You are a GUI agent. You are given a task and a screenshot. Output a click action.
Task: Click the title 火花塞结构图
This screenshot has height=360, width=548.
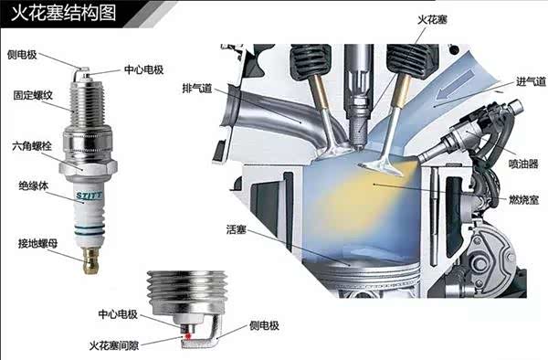pyautogui.click(x=63, y=14)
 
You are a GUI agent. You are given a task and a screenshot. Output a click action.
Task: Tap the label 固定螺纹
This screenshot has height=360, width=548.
pyautogui.click(x=33, y=95)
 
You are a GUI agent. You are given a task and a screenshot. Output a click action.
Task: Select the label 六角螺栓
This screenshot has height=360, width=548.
pyautogui.click(x=32, y=146)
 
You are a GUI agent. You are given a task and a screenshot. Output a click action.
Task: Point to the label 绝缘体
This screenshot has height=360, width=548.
pyautogui.click(x=33, y=186)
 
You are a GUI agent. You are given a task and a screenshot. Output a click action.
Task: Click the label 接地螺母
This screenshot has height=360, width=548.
pyautogui.click(x=37, y=244)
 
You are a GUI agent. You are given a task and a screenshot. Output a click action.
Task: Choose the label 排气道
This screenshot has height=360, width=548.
pyautogui.click(x=197, y=88)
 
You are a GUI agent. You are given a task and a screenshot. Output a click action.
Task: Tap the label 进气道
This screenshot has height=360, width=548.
pyautogui.click(x=531, y=81)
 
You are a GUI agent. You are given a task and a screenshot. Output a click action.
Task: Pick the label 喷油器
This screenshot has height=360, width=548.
pyautogui.click(x=523, y=164)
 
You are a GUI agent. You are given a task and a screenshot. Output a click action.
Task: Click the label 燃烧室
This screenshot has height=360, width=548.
pyautogui.click(x=524, y=200)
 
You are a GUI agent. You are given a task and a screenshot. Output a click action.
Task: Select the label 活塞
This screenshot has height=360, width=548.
pyautogui.click(x=237, y=229)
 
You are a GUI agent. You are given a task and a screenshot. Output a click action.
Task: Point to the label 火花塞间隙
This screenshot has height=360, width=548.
pyautogui.click(x=114, y=345)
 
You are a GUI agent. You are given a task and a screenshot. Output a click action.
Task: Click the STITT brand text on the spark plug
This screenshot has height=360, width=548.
pyautogui.click(x=90, y=196)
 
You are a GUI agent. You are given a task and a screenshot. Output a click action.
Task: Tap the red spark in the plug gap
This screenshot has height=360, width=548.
pyautogui.click(x=188, y=336)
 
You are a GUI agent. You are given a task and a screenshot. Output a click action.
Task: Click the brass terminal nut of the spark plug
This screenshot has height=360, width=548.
pyautogui.click(x=90, y=260)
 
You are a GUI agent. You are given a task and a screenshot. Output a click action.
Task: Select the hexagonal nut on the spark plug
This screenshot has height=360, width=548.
pyautogui.click(x=88, y=167)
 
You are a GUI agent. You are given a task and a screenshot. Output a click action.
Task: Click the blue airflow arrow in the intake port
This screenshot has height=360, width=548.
pyautogui.click(x=456, y=85)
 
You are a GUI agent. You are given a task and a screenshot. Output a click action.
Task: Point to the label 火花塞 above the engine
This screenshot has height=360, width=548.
pyautogui.click(x=432, y=20)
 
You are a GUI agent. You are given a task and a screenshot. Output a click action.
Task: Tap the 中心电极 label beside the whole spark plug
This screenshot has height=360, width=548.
pyautogui.click(x=144, y=69)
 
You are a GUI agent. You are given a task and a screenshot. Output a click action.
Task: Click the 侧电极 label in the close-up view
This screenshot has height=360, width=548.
pyautogui.click(x=264, y=326)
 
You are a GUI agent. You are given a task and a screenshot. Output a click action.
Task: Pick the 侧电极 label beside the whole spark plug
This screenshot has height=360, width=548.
pyautogui.click(x=22, y=55)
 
